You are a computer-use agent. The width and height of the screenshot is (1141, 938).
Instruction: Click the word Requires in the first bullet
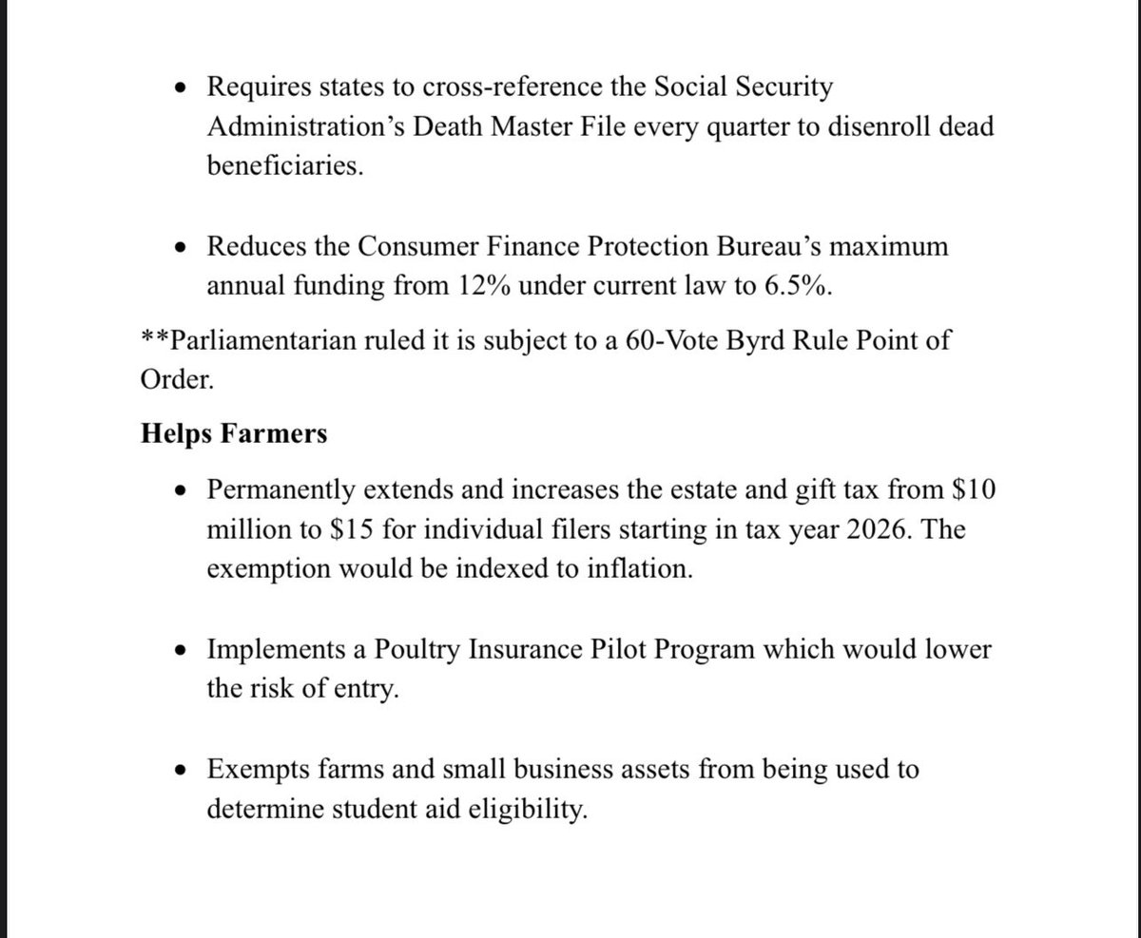point(251,87)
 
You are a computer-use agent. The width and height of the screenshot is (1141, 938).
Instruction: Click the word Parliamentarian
point(264,340)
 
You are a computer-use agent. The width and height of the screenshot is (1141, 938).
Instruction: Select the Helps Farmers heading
point(234,433)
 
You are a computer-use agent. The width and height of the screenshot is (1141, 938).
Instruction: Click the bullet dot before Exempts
point(184,771)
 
